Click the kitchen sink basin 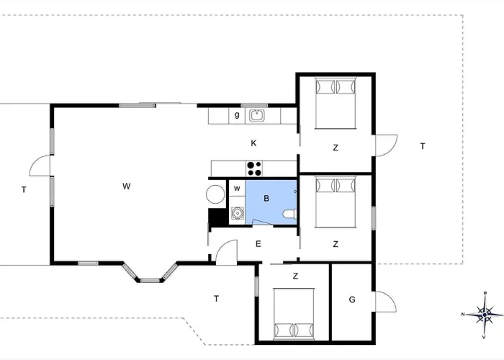[x=257, y=115]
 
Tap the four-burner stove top [x=254, y=168]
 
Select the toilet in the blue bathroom [x=289, y=214]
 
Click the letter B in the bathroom [x=266, y=198]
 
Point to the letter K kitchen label [x=253, y=143]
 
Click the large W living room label [x=126, y=186]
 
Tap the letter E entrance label [x=258, y=244]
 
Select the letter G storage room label [x=352, y=300]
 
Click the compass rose [x=485, y=315]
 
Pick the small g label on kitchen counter [x=237, y=114]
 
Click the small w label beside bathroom [x=237, y=189]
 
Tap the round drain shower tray [x=237, y=213]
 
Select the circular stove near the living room [x=215, y=194]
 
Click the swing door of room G [x=386, y=302]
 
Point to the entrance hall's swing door [x=227, y=252]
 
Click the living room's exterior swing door [x=40, y=165]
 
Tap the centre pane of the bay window [x=150, y=281]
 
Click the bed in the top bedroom [x=336, y=103]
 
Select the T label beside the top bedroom [x=423, y=146]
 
